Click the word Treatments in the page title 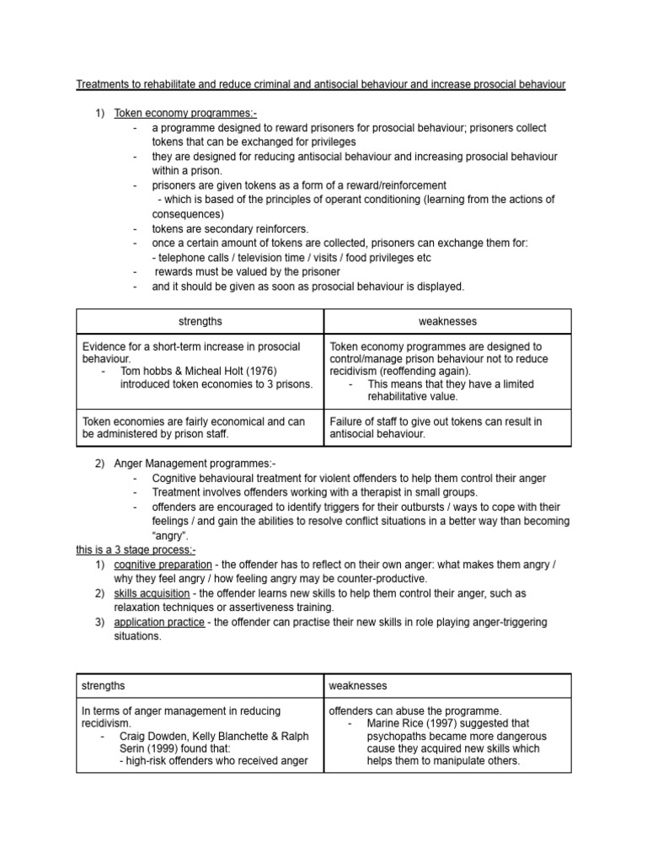coord(104,84)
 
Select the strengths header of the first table coord(200,321)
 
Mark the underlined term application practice coord(159,622)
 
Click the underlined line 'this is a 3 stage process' coord(136,549)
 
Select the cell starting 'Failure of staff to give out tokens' coord(447,427)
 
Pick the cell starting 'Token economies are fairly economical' coord(200,427)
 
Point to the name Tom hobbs coord(145,371)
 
